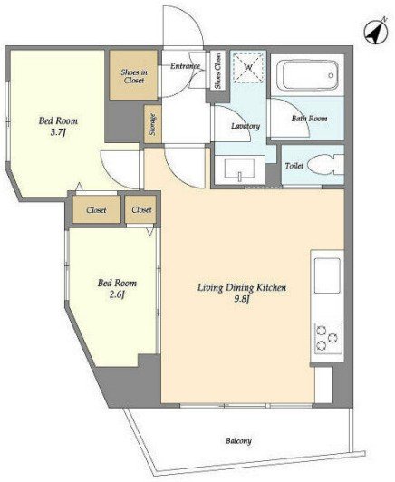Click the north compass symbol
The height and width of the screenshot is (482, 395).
click(x=375, y=31)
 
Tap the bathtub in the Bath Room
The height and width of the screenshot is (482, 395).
click(x=307, y=75)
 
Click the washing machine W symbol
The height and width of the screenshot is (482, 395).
click(x=248, y=68)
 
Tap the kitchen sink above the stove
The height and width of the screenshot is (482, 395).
click(x=327, y=275)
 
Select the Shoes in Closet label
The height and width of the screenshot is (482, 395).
click(x=134, y=76)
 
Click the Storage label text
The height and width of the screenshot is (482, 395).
click(x=152, y=124)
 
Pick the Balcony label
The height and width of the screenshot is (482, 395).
click(x=238, y=441)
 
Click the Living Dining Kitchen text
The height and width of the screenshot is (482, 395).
click(x=242, y=288)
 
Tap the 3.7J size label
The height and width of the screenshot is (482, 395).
click(x=58, y=132)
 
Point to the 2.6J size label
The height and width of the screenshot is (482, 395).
click(x=117, y=294)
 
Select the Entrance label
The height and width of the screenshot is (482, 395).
click(x=186, y=66)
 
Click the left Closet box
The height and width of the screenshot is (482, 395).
click(x=97, y=209)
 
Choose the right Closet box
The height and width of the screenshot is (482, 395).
click(x=140, y=209)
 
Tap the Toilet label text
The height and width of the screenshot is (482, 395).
click(x=294, y=166)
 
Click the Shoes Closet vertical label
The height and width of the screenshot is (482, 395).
click(x=217, y=71)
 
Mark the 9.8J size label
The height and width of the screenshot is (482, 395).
click(x=241, y=299)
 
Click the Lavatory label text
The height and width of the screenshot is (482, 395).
click(x=246, y=126)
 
